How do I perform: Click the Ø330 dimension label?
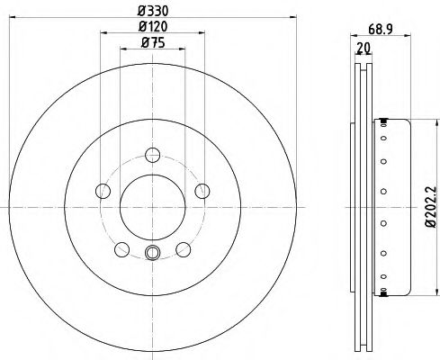click(x=151, y=11)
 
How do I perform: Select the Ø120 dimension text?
click(x=151, y=26)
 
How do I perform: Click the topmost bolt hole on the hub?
click(x=152, y=154)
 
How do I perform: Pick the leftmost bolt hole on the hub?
click(x=103, y=190)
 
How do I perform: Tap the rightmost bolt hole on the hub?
click(x=202, y=190)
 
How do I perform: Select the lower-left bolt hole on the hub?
click(x=121, y=248)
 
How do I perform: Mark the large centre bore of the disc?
click(x=152, y=206)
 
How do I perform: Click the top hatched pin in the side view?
click(x=385, y=121)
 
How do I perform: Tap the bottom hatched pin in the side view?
click(x=385, y=292)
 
